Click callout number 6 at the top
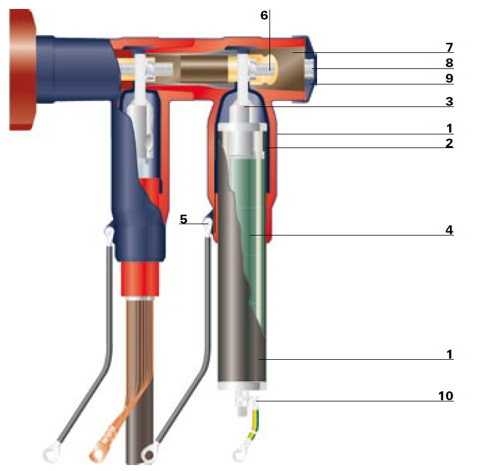pyautogui.click(x=264, y=15)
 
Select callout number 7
pyautogui.click(x=449, y=48)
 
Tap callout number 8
pyautogui.click(x=449, y=63)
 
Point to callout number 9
pyautogui.click(x=449, y=78)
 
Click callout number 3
pyautogui.click(x=449, y=102)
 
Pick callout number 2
pyautogui.click(x=449, y=143)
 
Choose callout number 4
pyautogui.click(x=449, y=230)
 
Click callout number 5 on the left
pyautogui.click(x=183, y=219)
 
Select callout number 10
pyautogui.click(x=446, y=396)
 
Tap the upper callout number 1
pyautogui.click(x=449, y=128)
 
